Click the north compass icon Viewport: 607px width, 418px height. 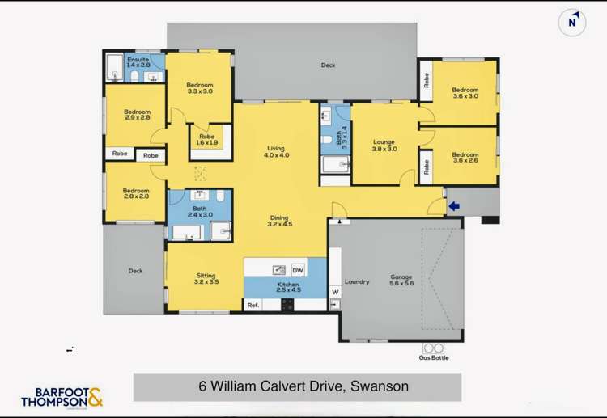(x=572, y=23)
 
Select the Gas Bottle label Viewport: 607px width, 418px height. (x=433, y=357)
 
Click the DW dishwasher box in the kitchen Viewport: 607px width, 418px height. (x=298, y=269)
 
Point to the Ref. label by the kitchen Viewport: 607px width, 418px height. (x=253, y=305)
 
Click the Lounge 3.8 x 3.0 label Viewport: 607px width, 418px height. (x=384, y=146)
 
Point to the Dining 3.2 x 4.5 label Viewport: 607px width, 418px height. (x=279, y=222)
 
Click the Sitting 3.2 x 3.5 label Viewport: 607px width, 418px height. (x=206, y=279)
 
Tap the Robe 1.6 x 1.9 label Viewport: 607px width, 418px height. (x=207, y=140)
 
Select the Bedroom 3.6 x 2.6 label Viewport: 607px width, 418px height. (x=465, y=158)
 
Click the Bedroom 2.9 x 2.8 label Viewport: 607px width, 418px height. (x=137, y=115)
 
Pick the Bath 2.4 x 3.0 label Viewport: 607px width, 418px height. (x=200, y=212)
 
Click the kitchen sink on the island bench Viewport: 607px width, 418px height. (x=278, y=269)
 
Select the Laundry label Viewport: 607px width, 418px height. (x=357, y=281)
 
